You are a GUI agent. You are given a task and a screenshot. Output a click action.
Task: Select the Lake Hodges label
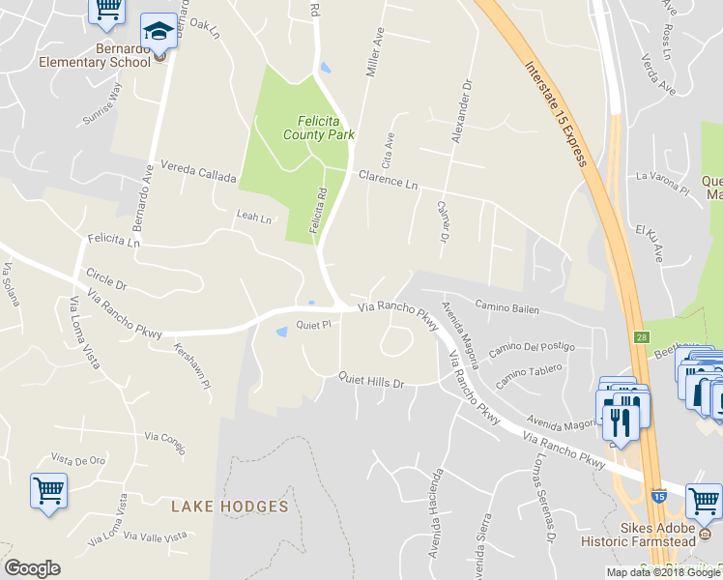click(230, 507)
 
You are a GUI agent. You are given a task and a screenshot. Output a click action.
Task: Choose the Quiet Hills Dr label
click(370, 382)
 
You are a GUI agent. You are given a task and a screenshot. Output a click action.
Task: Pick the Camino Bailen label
click(507, 311)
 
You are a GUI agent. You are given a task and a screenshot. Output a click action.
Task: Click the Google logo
click(32, 568)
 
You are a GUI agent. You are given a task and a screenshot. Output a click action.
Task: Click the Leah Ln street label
click(253, 217)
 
